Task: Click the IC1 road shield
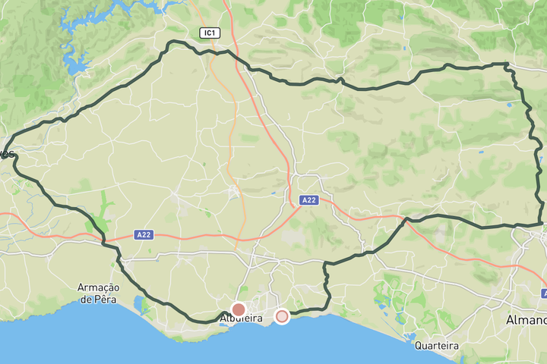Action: [x=210, y=33]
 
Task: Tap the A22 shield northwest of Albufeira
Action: [x=144, y=235]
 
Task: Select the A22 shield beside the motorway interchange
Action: [x=308, y=200]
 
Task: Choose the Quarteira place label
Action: [x=437, y=345]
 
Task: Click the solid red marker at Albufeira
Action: [x=239, y=309]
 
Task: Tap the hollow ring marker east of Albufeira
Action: [x=282, y=316]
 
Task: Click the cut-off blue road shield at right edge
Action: [x=544, y=293]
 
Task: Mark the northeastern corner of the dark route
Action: [x=507, y=65]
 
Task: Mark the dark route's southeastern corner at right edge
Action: [x=542, y=224]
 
